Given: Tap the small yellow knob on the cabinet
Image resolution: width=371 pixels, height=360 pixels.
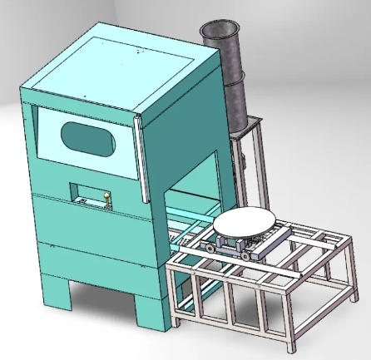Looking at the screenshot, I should [x=106, y=197].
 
